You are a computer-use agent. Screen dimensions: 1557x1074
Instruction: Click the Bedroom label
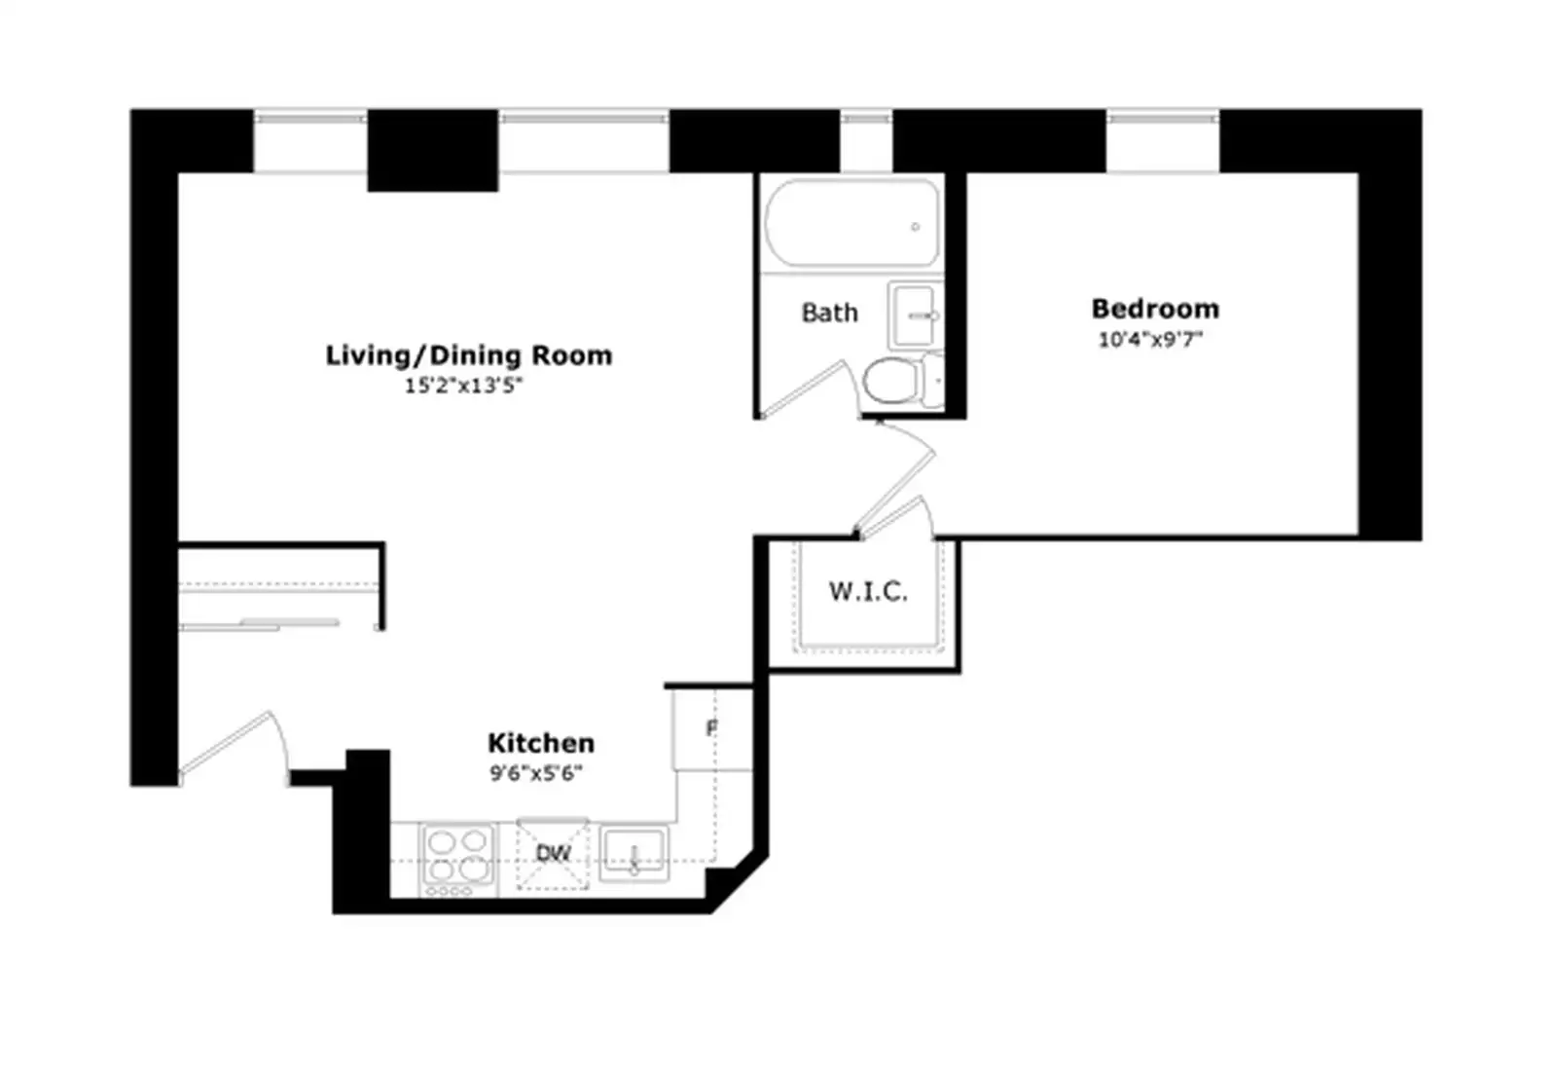pyautogui.click(x=1154, y=309)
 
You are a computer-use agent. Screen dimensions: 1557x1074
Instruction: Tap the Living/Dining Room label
pyautogui.click(x=469, y=355)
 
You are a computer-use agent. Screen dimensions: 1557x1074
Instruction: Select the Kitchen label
pyautogui.click(x=541, y=744)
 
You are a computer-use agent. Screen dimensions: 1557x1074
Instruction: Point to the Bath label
pyautogui.click(x=829, y=313)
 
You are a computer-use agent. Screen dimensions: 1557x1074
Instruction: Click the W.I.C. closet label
pyautogui.click(x=867, y=592)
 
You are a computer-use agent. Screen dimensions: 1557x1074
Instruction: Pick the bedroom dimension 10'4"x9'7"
pyautogui.click(x=1150, y=340)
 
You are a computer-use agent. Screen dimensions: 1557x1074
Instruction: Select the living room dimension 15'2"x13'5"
pyautogui.click(x=463, y=386)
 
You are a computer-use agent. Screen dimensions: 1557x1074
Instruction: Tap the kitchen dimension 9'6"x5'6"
pyautogui.click(x=536, y=773)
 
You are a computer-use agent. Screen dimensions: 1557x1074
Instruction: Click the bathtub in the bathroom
pyautogui.click(x=852, y=223)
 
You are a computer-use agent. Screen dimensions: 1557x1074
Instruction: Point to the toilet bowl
pyautogui.click(x=891, y=381)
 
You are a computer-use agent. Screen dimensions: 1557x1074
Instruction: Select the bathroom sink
pyautogui.click(x=914, y=315)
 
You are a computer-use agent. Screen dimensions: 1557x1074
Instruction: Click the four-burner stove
pyautogui.click(x=458, y=861)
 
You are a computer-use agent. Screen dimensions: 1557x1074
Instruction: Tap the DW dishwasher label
pyautogui.click(x=554, y=853)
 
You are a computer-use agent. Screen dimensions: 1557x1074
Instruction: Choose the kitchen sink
pyautogui.click(x=634, y=854)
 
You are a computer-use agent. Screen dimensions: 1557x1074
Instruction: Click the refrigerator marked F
pyautogui.click(x=712, y=728)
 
